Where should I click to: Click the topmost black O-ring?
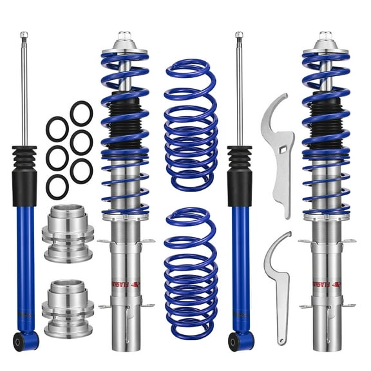click(x=81, y=113)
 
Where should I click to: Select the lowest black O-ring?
click(x=57, y=186)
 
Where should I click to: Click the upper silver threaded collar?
click(x=68, y=228)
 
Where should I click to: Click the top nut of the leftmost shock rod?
click(x=24, y=34)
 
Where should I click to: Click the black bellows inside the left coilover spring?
click(x=124, y=122)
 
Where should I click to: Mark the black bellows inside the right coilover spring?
click(x=326, y=122)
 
